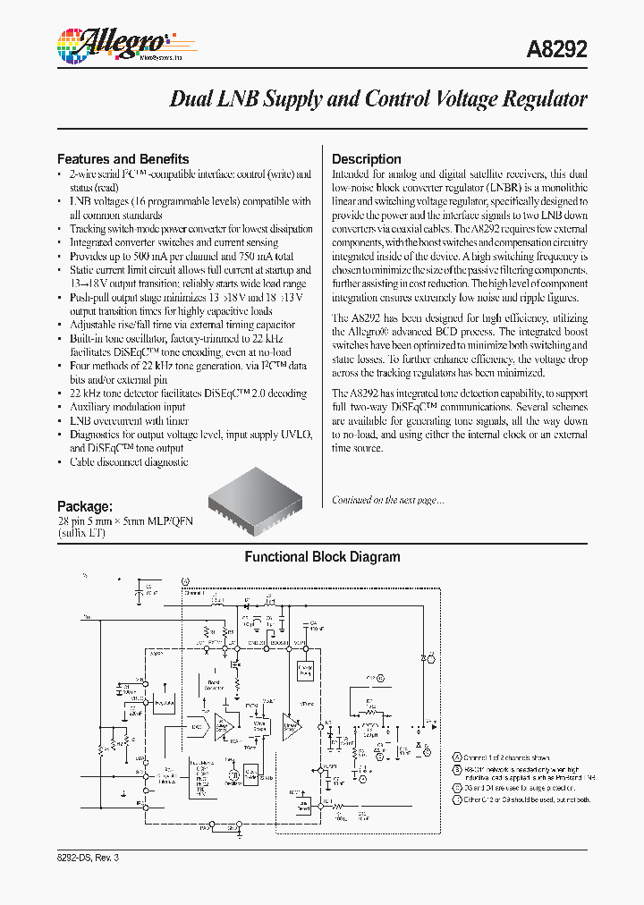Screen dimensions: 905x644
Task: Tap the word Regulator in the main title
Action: tap(541, 98)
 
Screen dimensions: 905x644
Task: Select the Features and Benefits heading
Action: tap(123, 159)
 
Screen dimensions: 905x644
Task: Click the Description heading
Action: tap(367, 159)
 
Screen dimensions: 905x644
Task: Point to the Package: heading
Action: tap(85, 505)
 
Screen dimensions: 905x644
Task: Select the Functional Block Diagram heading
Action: tap(322, 557)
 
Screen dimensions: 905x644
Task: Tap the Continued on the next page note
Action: tap(387, 500)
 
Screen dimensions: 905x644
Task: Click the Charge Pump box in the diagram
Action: tap(305, 670)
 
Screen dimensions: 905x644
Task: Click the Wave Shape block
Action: tap(260, 728)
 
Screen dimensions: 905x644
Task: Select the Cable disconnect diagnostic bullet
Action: tap(129, 462)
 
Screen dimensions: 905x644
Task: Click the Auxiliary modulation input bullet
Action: tap(128, 407)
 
